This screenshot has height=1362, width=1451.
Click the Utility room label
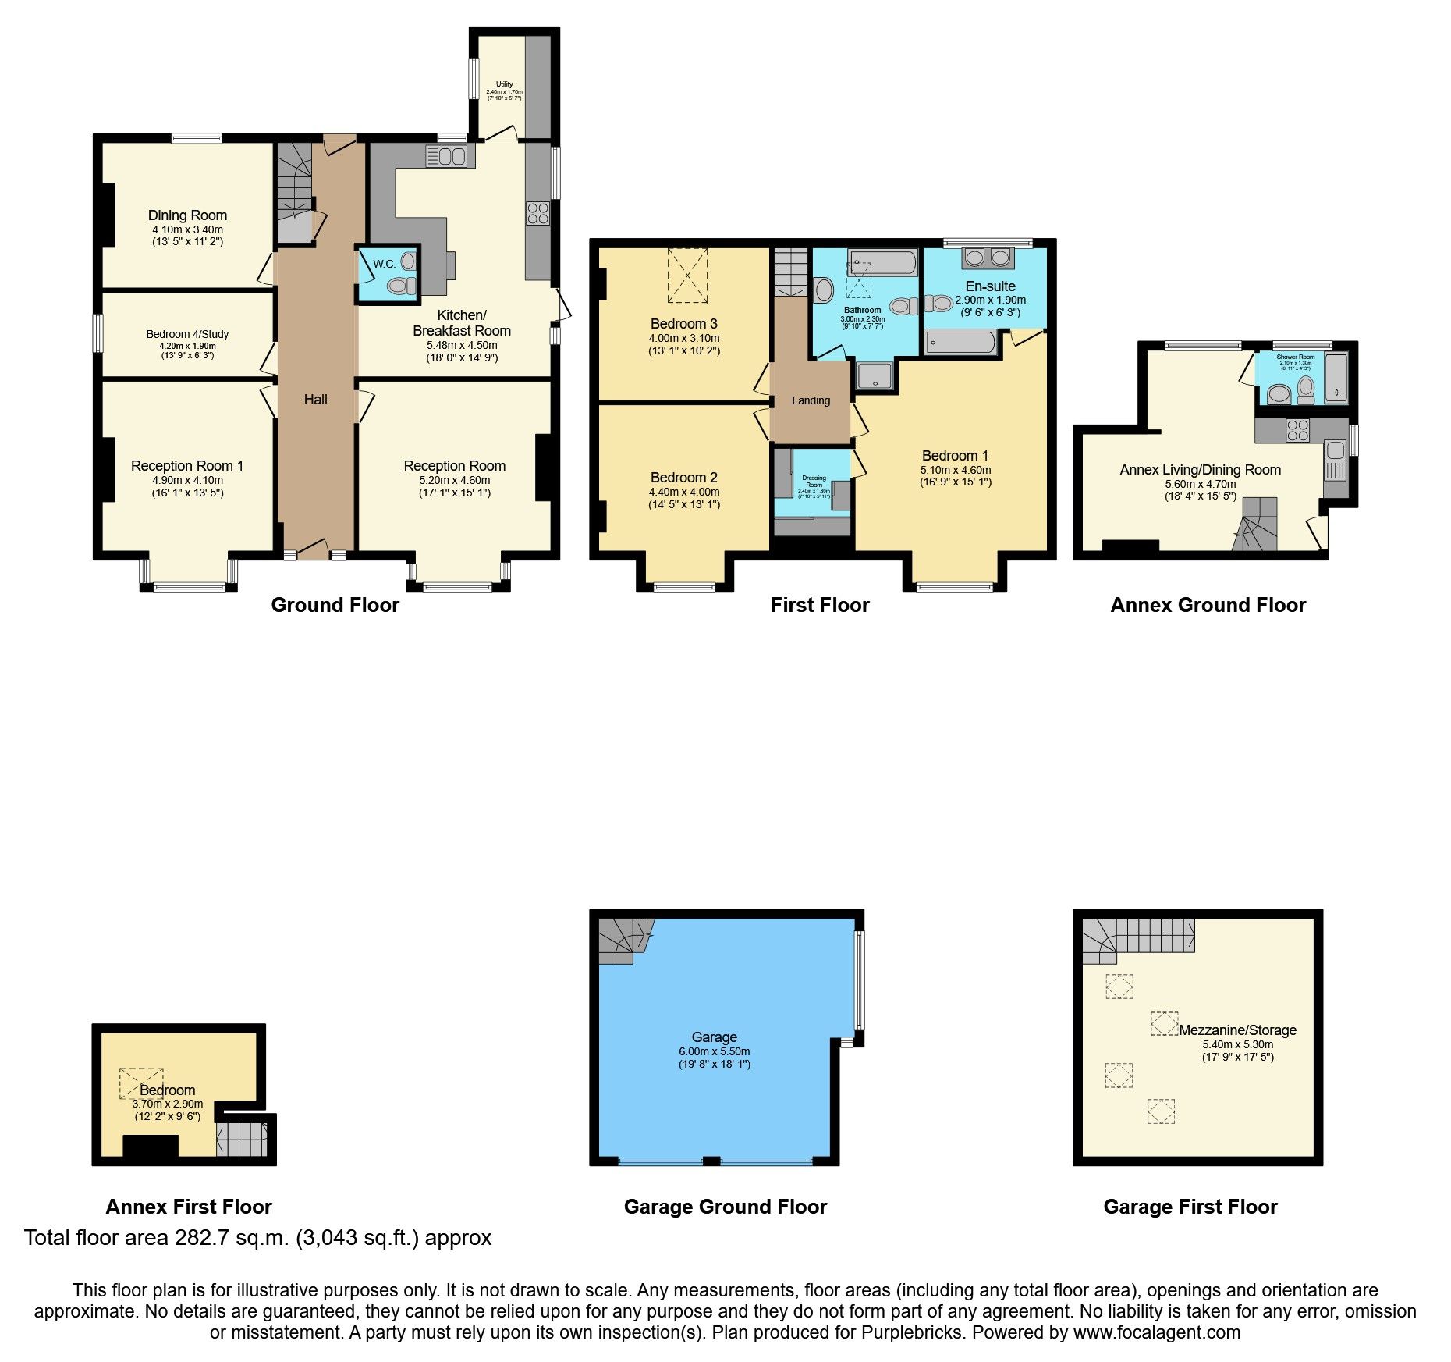point(504,84)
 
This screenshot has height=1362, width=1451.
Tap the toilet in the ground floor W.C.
point(400,286)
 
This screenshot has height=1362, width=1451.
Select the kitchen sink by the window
point(450,156)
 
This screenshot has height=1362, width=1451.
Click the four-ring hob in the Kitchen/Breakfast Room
point(537,213)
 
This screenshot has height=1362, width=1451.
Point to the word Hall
point(315,400)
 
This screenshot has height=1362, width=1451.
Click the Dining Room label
point(187,215)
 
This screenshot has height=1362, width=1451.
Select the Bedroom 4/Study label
point(187,334)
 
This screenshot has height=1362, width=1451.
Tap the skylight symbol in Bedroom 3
point(687,276)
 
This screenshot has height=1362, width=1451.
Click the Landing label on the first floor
point(811,400)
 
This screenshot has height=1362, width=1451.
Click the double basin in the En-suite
point(987,258)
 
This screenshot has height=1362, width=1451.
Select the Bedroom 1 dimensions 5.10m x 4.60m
point(955,470)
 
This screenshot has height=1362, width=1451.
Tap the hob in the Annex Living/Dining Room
point(1297,431)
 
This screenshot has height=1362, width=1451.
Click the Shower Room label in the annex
point(1295,357)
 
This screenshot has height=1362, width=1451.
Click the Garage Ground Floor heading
point(725,1207)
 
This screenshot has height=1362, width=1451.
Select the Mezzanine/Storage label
point(1237,1030)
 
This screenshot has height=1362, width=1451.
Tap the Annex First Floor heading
point(189,1207)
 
